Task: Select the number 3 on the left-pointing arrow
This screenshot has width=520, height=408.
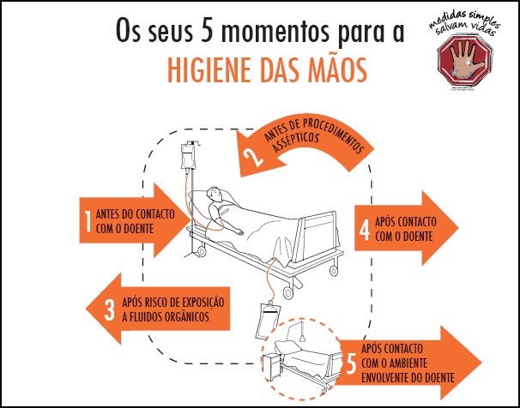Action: (x=109, y=309)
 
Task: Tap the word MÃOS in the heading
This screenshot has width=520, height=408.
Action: (x=340, y=68)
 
